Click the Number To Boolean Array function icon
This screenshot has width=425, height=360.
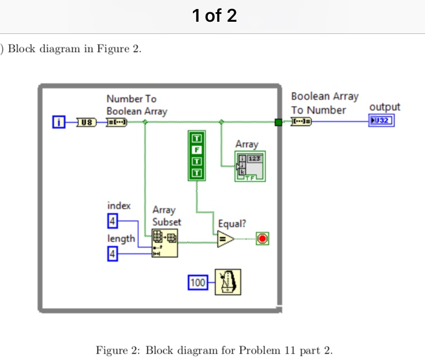point(117,122)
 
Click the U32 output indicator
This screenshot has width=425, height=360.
point(382,121)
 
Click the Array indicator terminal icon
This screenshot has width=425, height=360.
point(250,166)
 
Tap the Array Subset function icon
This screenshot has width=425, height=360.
point(165,243)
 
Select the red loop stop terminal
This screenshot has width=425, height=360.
point(262,239)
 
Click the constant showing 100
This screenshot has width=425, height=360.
point(198,283)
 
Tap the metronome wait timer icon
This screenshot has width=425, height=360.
point(228,282)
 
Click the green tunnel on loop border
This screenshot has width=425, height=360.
point(278,122)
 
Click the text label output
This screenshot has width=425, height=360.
point(384,107)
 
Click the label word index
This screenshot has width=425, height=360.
point(119,205)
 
